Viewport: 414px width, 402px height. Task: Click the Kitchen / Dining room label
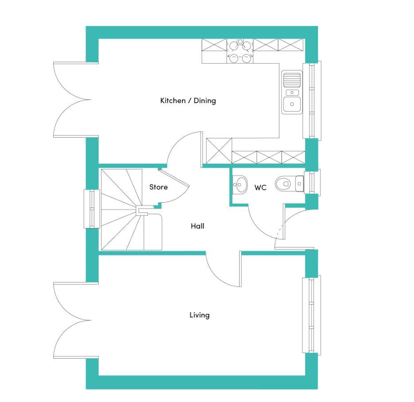click(x=188, y=100)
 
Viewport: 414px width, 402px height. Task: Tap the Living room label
click(x=200, y=315)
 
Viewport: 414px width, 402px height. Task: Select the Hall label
click(x=197, y=226)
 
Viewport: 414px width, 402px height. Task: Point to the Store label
click(x=159, y=187)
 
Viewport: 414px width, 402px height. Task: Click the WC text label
click(x=260, y=188)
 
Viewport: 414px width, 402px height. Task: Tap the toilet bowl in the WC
click(x=283, y=183)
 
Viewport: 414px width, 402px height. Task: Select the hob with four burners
click(x=240, y=51)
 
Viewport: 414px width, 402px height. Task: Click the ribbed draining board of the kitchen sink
click(x=292, y=80)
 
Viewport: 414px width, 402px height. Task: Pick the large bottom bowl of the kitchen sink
click(x=292, y=104)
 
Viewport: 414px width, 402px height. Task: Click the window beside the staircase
click(x=92, y=209)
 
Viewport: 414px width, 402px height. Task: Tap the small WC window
click(x=312, y=182)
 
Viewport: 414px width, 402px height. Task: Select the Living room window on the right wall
click(x=312, y=315)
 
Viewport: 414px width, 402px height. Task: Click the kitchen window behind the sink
click(x=312, y=100)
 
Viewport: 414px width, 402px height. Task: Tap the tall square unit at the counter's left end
click(x=219, y=151)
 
